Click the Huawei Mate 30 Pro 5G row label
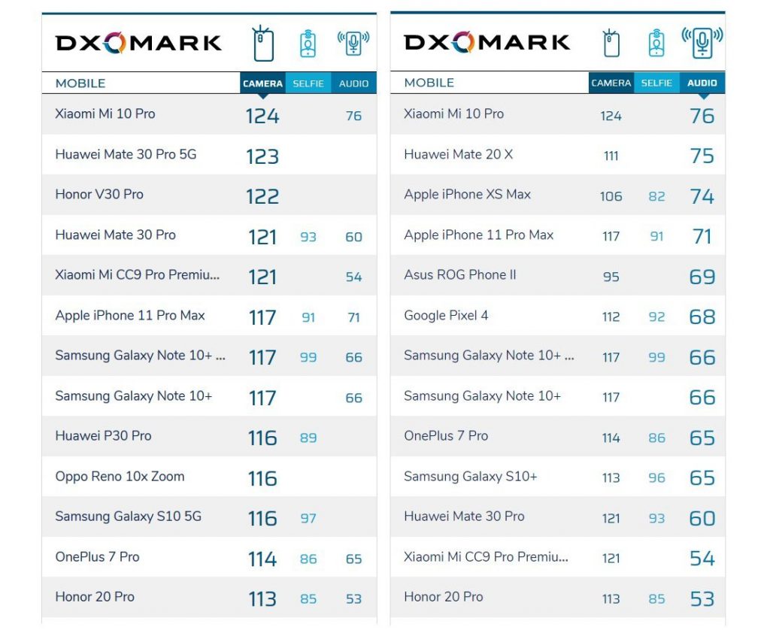coord(126,154)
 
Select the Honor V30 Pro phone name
coord(99,195)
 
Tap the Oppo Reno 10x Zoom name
coord(120,477)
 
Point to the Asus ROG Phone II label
coord(460,275)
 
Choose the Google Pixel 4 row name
coord(446,315)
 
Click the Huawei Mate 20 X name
coord(458,154)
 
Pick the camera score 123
coord(262,156)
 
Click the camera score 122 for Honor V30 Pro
coord(262,197)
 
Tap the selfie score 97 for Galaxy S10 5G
coord(308,519)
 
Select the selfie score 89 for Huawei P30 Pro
coord(308,438)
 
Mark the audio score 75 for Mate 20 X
coord(702,156)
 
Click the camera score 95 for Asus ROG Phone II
coord(611,277)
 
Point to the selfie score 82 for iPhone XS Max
coord(656,196)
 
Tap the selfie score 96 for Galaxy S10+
coord(656,478)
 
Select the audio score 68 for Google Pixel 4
coord(702,317)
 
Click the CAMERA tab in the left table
coord(262,83)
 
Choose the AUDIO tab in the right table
coord(702,83)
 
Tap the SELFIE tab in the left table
coord(308,83)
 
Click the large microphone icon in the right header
coord(702,43)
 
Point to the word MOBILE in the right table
coord(429,83)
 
